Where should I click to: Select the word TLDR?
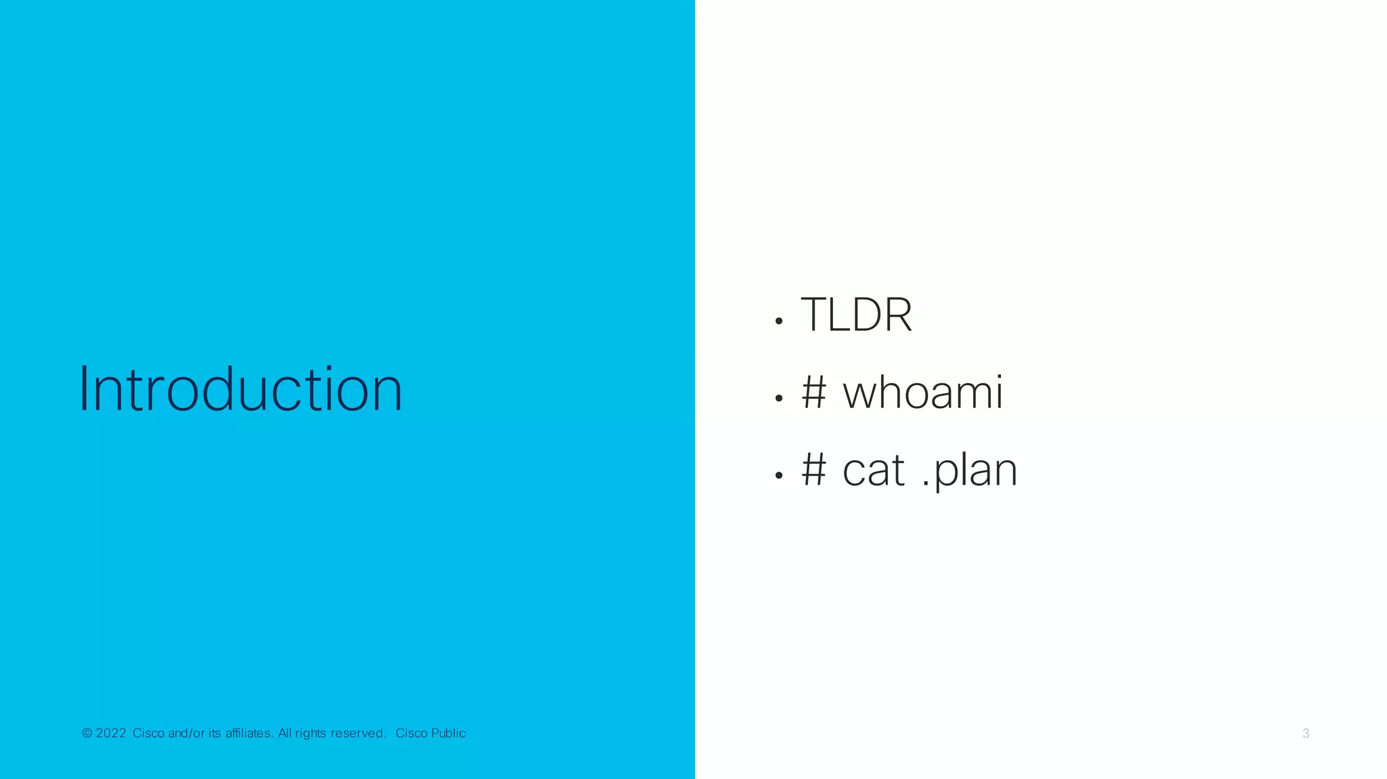[x=856, y=315]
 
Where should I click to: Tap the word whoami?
[x=922, y=393]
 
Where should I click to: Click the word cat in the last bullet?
[x=873, y=470]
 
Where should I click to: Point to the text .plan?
[x=969, y=470]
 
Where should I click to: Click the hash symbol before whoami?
[x=814, y=393]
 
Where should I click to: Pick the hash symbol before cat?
[x=814, y=470]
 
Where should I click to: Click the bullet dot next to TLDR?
[x=779, y=321]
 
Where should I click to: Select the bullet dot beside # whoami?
[x=779, y=399]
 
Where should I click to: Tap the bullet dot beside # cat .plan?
[x=779, y=476]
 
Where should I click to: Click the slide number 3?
[x=1306, y=734]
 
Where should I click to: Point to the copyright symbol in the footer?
[x=87, y=733]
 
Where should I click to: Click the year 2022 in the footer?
[x=111, y=733]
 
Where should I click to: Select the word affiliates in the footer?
[x=249, y=733]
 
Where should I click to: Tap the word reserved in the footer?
[x=358, y=733]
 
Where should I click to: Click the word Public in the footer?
[x=448, y=733]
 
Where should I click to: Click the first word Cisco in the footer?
[x=148, y=733]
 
